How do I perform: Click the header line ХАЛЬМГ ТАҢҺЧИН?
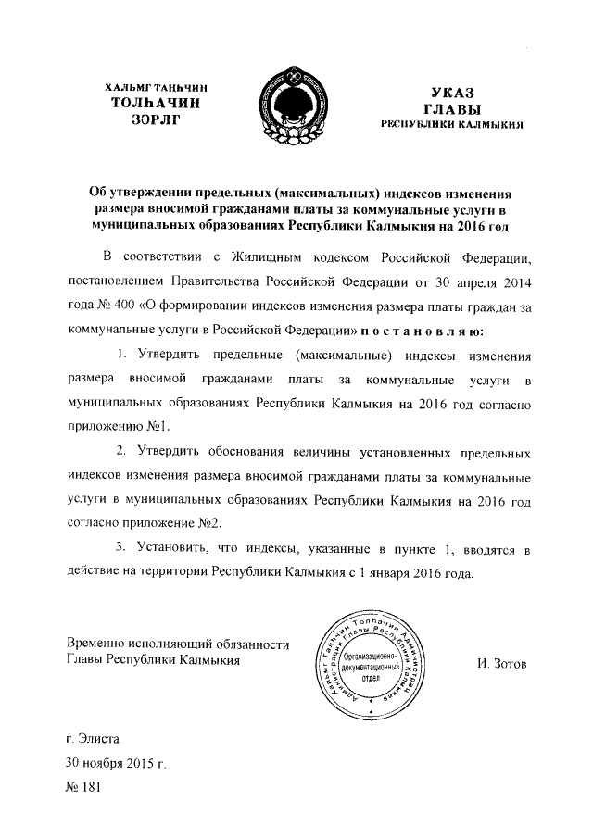[x=155, y=87]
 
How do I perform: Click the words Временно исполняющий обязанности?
[x=178, y=644]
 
